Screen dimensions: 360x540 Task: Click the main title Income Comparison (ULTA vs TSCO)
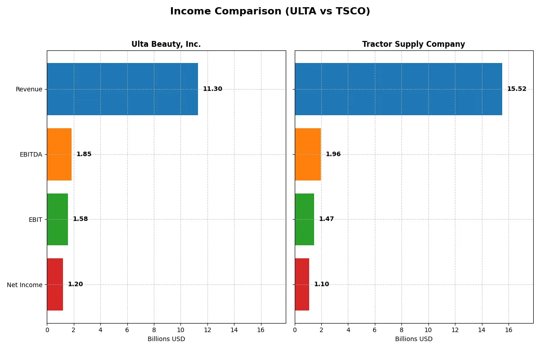[270, 12]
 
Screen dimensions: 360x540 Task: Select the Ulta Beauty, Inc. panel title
[166, 44]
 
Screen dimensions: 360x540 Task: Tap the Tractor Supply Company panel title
[414, 44]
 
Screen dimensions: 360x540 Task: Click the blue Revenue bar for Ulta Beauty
[122, 89]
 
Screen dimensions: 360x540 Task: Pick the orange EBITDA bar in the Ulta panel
[59, 154]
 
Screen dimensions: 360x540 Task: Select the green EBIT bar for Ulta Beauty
[58, 219]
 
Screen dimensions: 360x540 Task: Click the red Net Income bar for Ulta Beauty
[55, 284]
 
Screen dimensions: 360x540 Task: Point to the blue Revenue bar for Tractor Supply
[398, 89]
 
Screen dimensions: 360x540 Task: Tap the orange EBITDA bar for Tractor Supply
[308, 154]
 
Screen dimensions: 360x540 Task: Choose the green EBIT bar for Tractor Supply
[305, 219]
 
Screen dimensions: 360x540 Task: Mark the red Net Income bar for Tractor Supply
[302, 284]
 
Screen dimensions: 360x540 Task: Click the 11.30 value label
[212, 89]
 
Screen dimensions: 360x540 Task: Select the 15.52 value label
[517, 89]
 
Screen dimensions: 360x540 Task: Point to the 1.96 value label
[333, 154]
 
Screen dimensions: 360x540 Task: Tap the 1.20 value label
[75, 284]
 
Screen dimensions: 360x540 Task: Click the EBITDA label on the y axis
[31, 154]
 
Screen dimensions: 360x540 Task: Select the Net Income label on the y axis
[25, 284]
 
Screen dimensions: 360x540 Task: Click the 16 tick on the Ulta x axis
[261, 330]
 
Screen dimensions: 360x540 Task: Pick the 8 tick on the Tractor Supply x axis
[401, 330]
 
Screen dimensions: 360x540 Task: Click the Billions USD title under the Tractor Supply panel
[414, 339]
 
